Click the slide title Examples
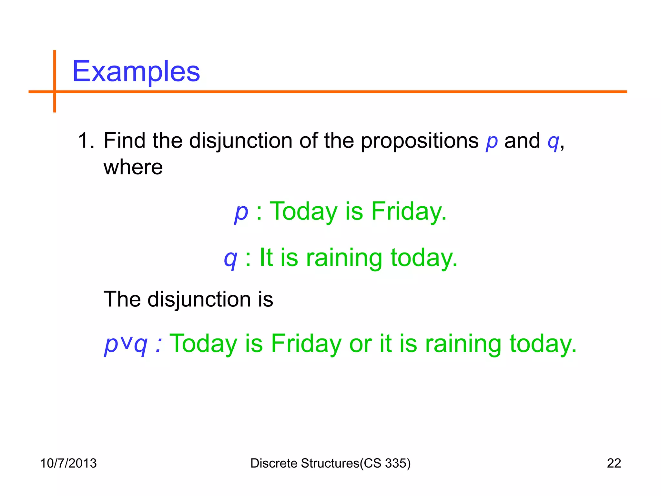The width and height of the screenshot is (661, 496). pyautogui.click(x=136, y=71)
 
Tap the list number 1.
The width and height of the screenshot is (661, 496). pyautogui.click(x=86, y=141)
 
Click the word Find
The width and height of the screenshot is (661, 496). pyautogui.click(x=124, y=141)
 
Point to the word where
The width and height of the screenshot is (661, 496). pyautogui.click(x=133, y=167)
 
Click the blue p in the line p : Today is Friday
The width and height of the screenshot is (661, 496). pyautogui.click(x=241, y=212)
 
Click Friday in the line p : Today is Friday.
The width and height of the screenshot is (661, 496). pyautogui.click(x=409, y=212)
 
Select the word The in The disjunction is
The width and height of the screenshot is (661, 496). pyautogui.click(x=122, y=299)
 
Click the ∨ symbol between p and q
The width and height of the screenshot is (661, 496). pyautogui.click(x=127, y=342)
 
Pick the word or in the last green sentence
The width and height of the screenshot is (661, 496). pyautogui.click(x=360, y=344)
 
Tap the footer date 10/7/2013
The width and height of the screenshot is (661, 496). pyautogui.click(x=68, y=463)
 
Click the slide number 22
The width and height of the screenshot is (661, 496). pyautogui.click(x=614, y=463)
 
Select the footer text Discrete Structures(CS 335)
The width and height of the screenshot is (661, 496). pyautogui.click(x=330, y=463)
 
